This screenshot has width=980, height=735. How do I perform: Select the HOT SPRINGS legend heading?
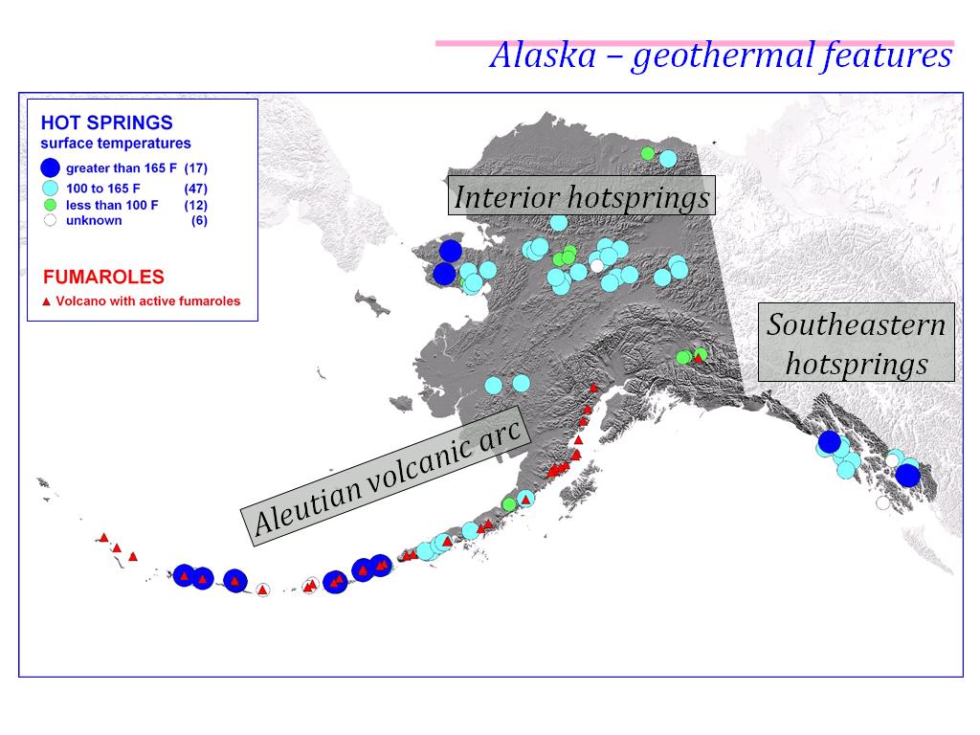106,122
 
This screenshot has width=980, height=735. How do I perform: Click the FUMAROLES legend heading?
103,278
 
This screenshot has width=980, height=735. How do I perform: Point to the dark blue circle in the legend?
51,168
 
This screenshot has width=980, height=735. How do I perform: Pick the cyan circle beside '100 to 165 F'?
51,189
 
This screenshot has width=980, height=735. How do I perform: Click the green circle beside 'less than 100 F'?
51,205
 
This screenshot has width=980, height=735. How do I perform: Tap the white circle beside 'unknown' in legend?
51,220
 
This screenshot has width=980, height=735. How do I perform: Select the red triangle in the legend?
46,301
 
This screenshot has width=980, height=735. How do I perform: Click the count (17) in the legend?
195,168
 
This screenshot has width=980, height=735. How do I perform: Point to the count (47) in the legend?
195,189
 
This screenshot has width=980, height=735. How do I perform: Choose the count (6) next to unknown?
199,220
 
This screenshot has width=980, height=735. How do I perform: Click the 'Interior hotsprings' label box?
582,197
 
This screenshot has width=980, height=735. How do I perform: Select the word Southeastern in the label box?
856,324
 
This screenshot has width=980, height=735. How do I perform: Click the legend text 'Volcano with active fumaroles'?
148,301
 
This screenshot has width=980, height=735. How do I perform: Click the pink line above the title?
694,43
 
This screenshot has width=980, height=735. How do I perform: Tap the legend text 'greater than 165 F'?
121,168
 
